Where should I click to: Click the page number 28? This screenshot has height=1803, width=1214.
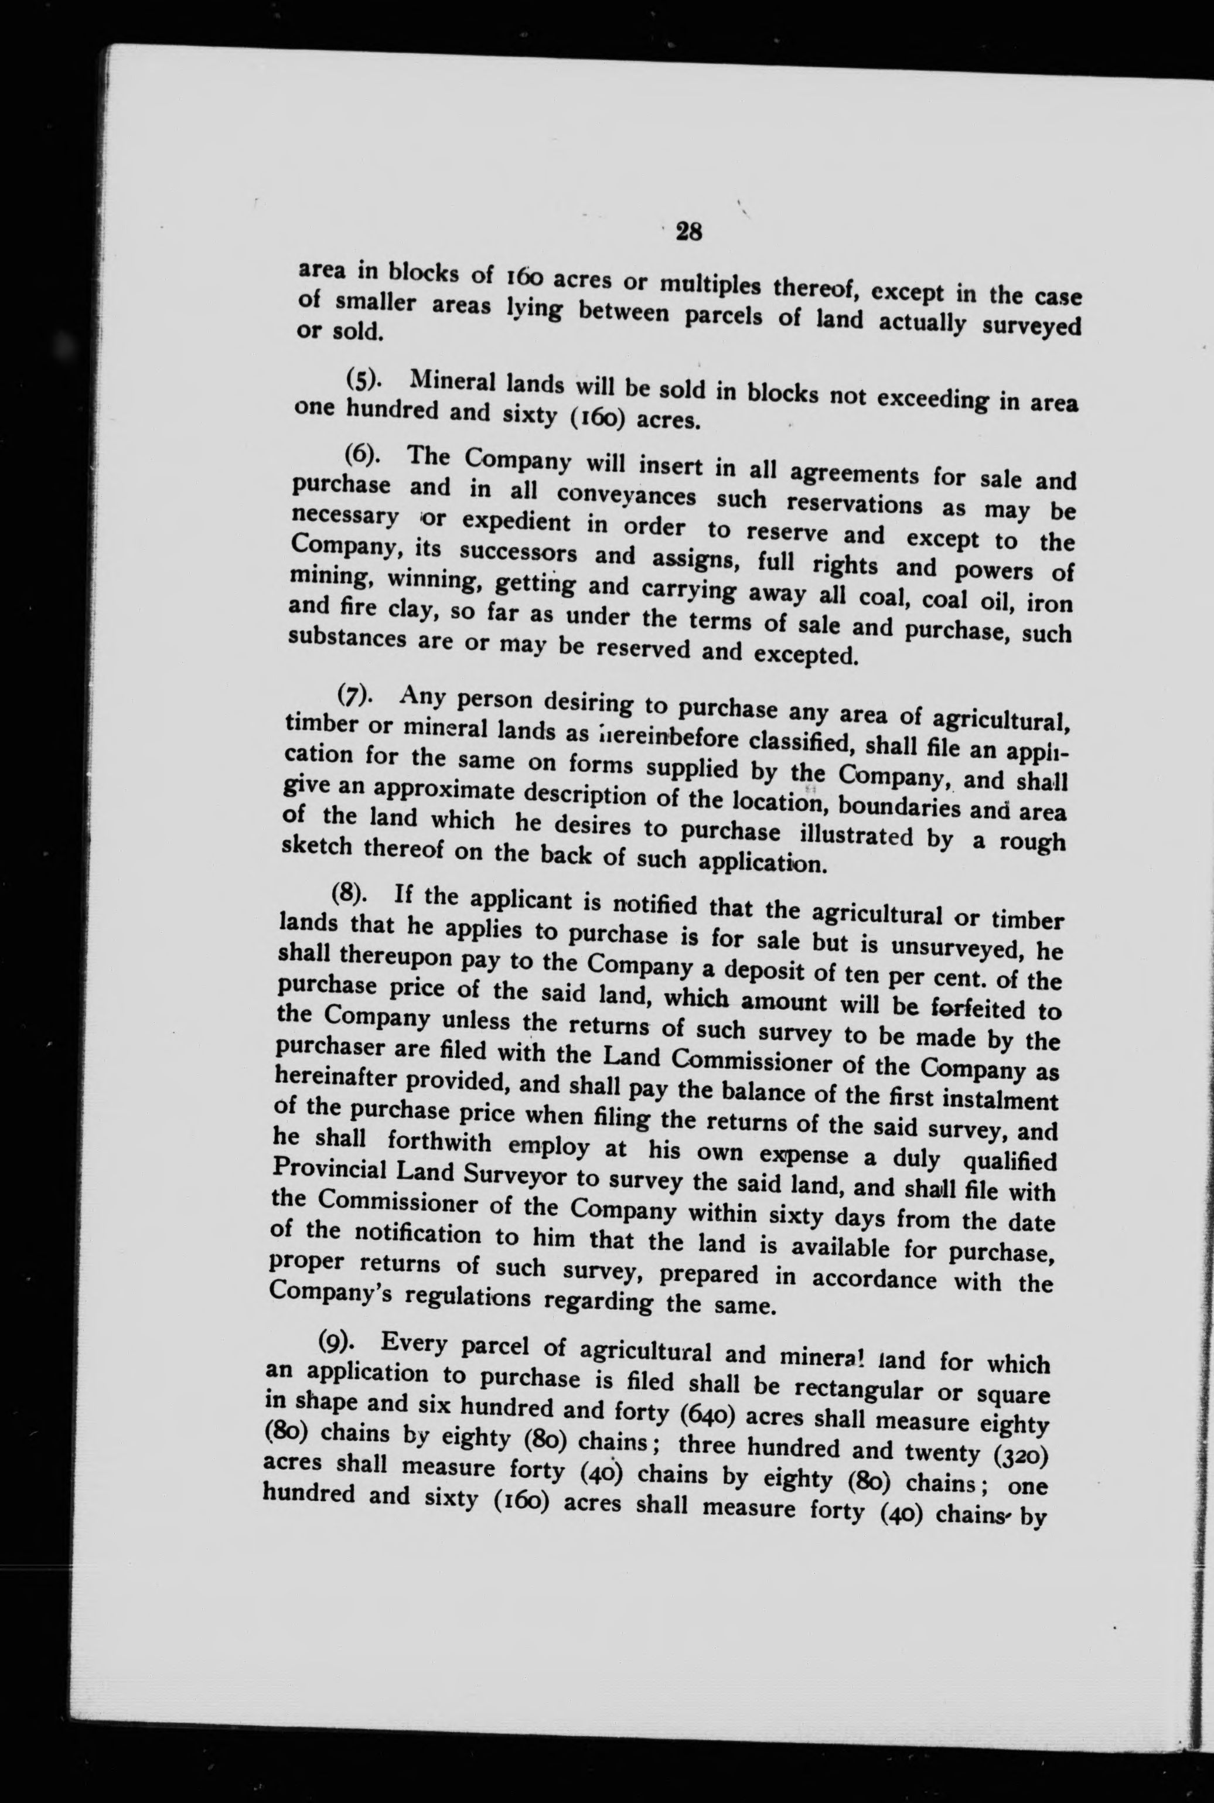point(688,231)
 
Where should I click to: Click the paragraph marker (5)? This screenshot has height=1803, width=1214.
point(362,381)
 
